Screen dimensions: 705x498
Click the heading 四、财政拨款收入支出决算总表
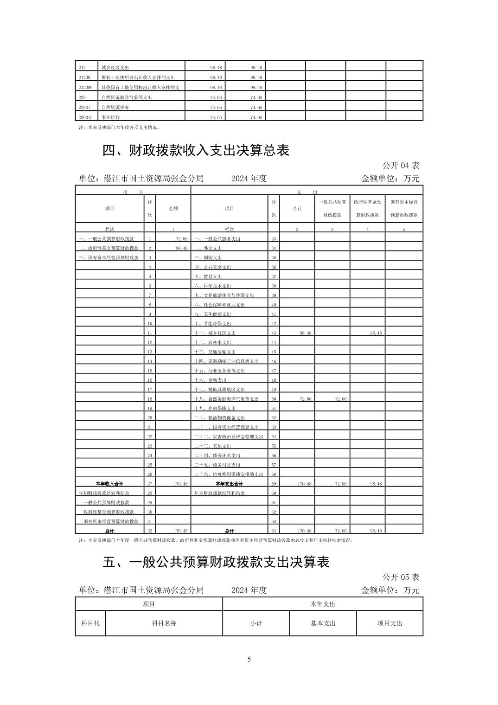pyautogui.click(x=196, y=151)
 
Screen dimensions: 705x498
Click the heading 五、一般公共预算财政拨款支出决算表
pyautogui.click(x=216, y=562)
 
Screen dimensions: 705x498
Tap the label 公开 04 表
pyautogui.click(x=401, y=166)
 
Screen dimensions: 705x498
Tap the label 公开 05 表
pyautogui.click(x=401, y=577)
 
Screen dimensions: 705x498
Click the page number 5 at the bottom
pyautogui.click(x=249, y=660)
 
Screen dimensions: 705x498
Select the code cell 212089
pyautogui.click(x=86, y=88)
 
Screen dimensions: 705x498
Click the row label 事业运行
pyautogui.click(x=110, y=117)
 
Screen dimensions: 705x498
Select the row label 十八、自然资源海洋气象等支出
pyautogui.click(x=227, y=399)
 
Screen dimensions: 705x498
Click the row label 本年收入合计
pyautogui.click(x=109, y=484)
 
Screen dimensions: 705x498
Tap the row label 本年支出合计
pyautogui.click(x=229, y=484)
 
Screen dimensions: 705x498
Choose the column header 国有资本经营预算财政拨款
pyautogui.click(x=404, y=208)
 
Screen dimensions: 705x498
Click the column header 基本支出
pyautogui.click(x=323, y=623)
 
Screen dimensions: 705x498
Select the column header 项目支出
pyautogui.click(x=389, y=623)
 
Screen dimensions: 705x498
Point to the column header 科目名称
pyautogui.click(x=164, y=623)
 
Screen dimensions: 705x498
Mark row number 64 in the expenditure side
pyautogui.click(x=274, y=531)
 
